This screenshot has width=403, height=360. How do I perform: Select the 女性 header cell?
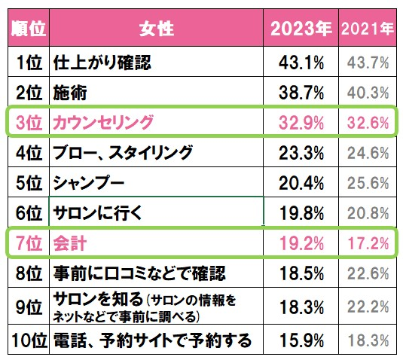click(x=156, y=29)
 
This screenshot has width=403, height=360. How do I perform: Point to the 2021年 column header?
click(x=368, y=29)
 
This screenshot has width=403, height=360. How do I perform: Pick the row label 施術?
click(x=66, y=93)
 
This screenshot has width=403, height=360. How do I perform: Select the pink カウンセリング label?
click(x=102, y=123)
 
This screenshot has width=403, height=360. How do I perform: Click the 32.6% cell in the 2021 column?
click(x=368, y=123)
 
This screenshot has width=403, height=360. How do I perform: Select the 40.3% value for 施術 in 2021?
click(x=368, y=93)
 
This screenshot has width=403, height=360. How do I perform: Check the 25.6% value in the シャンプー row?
click(x=368, y=182)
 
